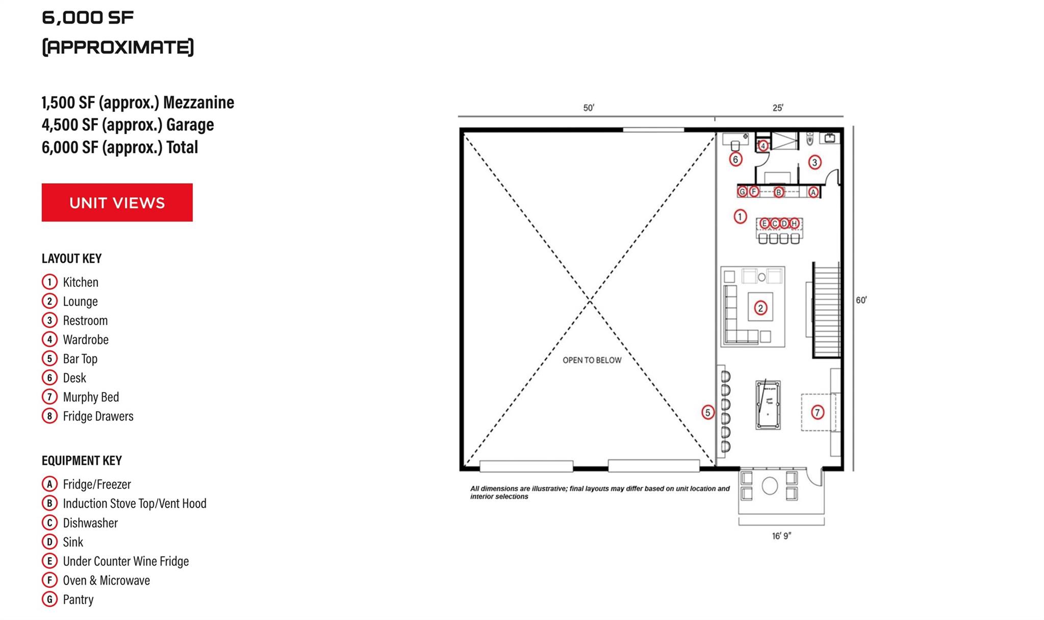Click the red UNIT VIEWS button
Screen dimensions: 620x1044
[117, 203]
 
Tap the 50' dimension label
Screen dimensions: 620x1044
[589, 108]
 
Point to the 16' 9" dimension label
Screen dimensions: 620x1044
[781, 536]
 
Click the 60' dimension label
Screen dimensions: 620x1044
[861, 300]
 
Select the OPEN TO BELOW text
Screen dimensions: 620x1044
[592, 360]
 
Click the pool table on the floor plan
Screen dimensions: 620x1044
[768, 405]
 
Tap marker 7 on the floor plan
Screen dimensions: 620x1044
[817, 412]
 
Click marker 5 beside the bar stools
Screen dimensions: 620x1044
[707, 412]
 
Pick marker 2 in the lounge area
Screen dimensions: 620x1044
[760, 308]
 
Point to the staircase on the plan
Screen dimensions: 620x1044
[826, 310]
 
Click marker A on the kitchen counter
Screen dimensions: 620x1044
[813, 192]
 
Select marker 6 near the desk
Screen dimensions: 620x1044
[735, 159]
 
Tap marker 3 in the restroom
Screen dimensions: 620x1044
[814, 162]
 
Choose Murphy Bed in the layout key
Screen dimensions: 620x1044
[90, 397]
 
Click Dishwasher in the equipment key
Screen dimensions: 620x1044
[90, 523]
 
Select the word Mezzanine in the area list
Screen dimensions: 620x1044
[198, 103]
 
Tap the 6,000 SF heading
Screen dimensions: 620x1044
[87, 18]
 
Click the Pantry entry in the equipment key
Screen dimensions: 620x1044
[78, 600]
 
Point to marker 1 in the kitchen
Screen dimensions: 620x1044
[740, 216]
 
